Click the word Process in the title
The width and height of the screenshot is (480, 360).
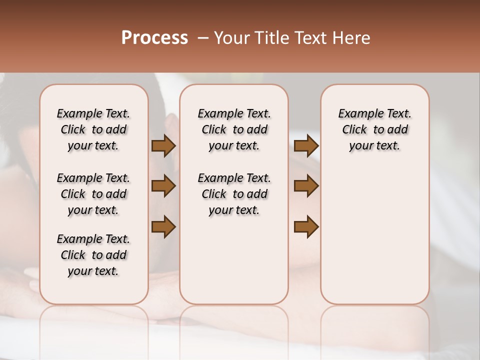tap(154, 38)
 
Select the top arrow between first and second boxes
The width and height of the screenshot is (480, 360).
tap(163, 146)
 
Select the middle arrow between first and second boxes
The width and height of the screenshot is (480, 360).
tap(163, 186)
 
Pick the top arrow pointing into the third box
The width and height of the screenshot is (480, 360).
tap(306, 146)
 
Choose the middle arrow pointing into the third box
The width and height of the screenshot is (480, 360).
tap(306, 186)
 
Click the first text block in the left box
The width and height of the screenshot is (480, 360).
tap(93, 129)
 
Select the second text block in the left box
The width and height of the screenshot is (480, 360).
tap(93, 194)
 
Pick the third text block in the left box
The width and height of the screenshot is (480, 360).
tap(93, 255)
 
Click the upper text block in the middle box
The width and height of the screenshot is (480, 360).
tap(234, 129)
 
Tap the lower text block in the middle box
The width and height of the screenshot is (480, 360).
tap(234, 194)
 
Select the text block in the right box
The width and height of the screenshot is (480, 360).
tap(375, 129)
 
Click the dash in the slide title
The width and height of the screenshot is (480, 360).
tap(202, 38)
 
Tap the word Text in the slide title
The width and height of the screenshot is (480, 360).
tap(311, 38)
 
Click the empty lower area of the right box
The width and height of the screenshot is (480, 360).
tap(375, 235)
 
